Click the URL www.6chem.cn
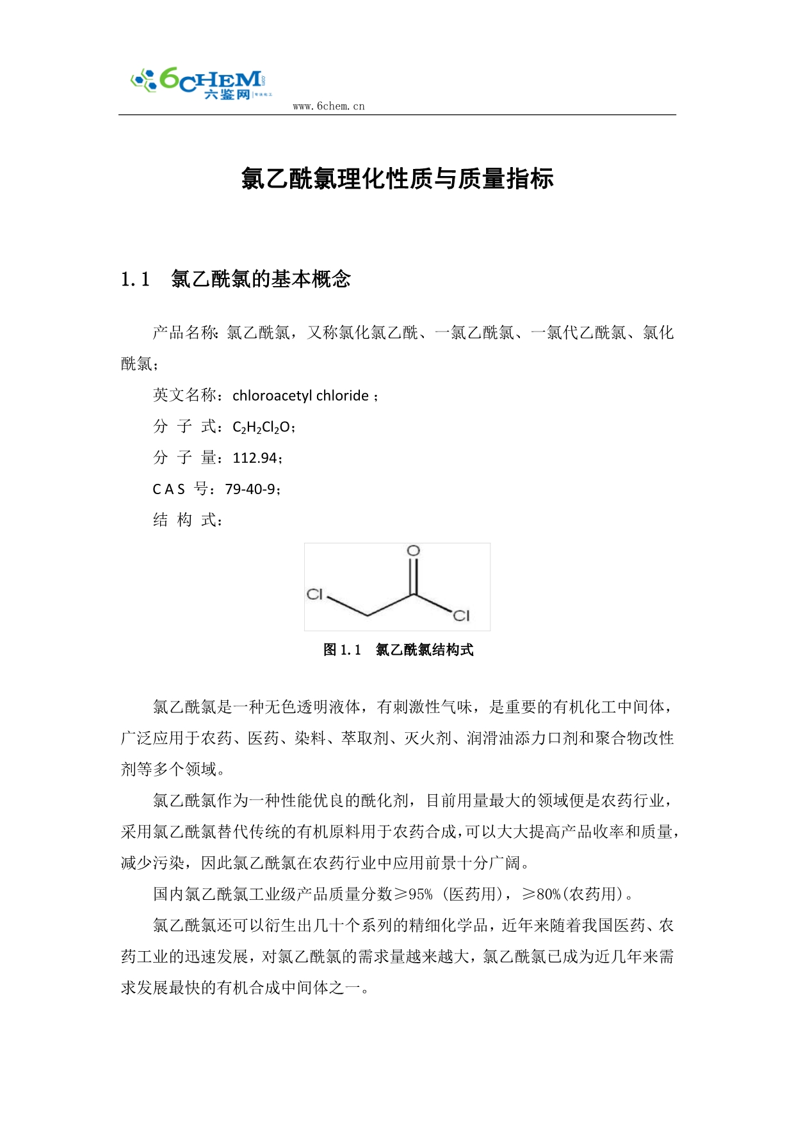(x=328, y=106)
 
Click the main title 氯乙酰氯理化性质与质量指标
(x=397, y=179)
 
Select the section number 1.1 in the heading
(x=135, y=279)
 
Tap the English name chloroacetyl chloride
(x=300, y=396)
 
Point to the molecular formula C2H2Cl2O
(x=262, y=427)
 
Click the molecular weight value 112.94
(x=255, y=458)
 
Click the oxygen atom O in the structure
(x=414, y=550)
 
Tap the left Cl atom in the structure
(x=314, y=594)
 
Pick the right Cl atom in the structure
(x=461, y=616)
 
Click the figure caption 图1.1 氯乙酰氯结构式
(x=398, y=650)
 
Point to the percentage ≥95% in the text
(x=412, y=894)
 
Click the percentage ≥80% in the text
(x=541, y=894)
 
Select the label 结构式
(x=184, y=520)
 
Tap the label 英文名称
(x=184, y=395)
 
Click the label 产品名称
(x=184, y=333)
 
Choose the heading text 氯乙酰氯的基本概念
(x=261, y=279)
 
